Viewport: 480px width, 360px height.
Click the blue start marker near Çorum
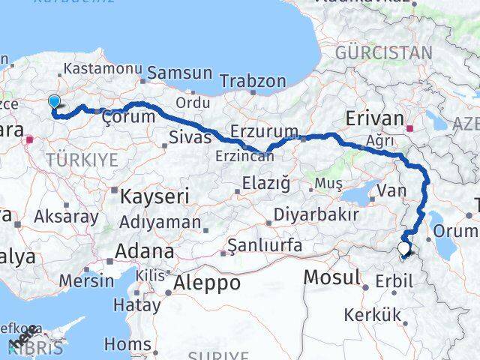[x=54, y=103]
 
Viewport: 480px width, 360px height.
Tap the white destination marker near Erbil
[x=405, y=249]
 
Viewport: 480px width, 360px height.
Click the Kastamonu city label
[x=100, y=68]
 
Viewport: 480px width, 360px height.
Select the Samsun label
[x=180, y=73]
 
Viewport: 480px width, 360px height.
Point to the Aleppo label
[x=208, y=283]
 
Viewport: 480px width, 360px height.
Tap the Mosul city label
[x=332, y=277]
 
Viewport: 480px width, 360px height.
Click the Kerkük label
[x=373, y=315]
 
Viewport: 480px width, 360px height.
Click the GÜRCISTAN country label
[x=384, y=52]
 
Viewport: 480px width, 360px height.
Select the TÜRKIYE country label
[x=82, y=159]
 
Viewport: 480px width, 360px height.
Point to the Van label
[x=391, y=191]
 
